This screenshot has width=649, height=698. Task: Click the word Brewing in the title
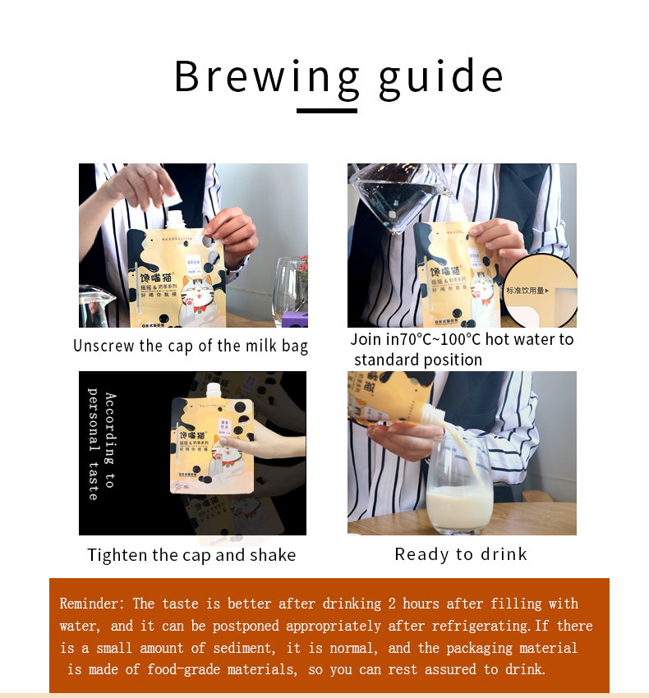click(267, 76)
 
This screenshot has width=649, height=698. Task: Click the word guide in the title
click(440, 76)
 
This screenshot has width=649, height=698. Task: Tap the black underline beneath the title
click(326, 109)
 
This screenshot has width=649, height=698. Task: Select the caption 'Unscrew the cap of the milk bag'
click(191, 346)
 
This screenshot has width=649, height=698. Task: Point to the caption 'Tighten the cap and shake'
click(191, 555)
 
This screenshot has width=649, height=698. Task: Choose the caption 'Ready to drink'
click(461, 554)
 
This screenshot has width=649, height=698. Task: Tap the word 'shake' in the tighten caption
click(273, 555)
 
